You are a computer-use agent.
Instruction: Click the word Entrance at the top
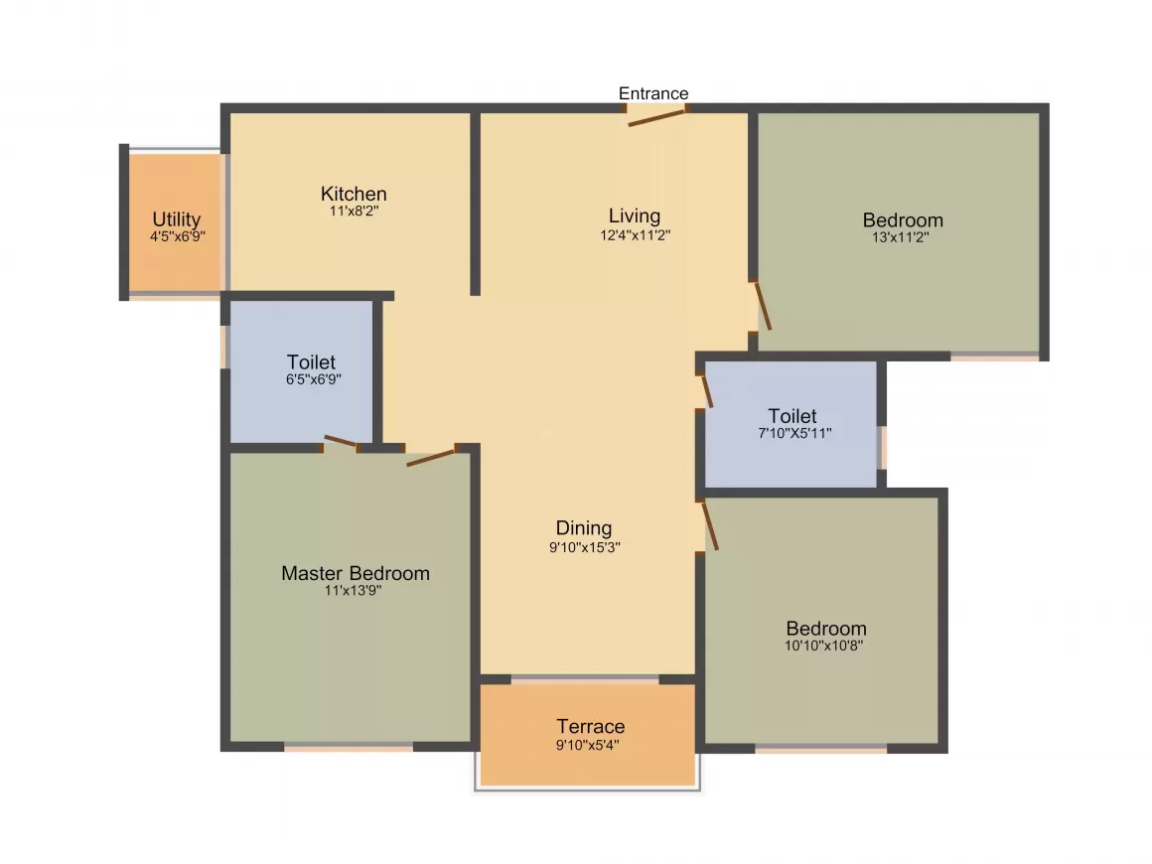[x=653, y=93]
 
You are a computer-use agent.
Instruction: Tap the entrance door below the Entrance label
[x=656, y=117]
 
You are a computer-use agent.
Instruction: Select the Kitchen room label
[x=354, y=194]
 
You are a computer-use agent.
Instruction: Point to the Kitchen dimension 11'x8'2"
[x=354, y=212]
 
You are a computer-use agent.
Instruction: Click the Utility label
[x=177, y=219]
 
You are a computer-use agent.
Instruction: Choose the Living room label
[x=635, y=216]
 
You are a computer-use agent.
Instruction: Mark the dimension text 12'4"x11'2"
[x=635, y=235]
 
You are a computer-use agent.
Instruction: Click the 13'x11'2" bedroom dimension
[x=902, y=237]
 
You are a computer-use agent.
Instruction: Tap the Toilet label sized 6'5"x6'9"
[x=312, y=362]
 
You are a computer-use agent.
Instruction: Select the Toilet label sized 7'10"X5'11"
[x=792, y=416]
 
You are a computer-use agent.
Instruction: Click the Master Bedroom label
[x=356, y=573]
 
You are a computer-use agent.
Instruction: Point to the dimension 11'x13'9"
[x=354, y=590]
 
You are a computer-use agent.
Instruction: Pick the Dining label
[x=584, y=528]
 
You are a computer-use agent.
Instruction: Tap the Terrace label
[x=591, y=726]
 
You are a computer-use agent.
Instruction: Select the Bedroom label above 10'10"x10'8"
[x=826, y=629]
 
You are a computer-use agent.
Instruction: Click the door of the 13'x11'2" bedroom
[x=763, y=305]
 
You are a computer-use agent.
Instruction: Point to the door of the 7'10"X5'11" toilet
[x=706, y=389]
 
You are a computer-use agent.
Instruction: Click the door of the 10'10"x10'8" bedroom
[x=709, y=525]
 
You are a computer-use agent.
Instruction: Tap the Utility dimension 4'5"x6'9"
[x=177, y=236]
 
